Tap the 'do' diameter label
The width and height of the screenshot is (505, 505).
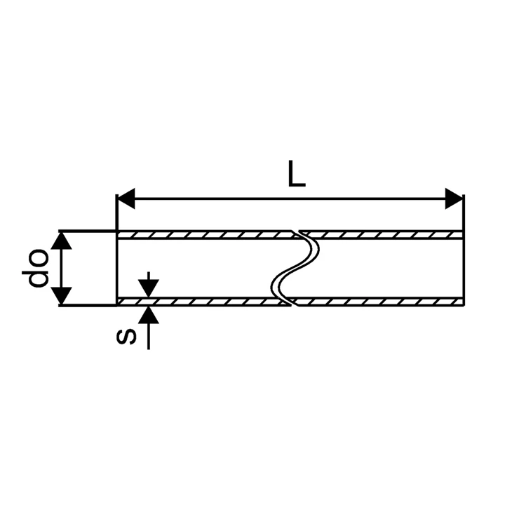coord(35,268)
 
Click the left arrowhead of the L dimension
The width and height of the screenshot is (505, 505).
coord(126,198)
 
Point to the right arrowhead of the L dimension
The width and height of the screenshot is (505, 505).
coord(454,198)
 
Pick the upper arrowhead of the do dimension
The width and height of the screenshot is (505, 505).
coord(61,241)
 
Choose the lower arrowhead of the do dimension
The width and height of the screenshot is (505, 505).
coord(61,296)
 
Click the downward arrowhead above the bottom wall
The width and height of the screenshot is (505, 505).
coord(149,288)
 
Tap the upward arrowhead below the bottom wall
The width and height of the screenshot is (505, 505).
coord(149,315)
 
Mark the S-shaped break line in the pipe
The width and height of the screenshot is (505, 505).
coord(295,268)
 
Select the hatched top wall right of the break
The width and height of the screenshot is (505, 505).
coord(382,235)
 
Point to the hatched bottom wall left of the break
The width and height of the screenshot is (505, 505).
coord(203,302)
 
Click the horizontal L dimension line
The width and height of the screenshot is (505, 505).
coord(290,198)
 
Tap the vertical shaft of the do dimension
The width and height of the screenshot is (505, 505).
coord(61,268)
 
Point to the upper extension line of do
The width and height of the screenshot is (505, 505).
coord(87,231)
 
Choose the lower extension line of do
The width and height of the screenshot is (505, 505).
coord(87,305)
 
